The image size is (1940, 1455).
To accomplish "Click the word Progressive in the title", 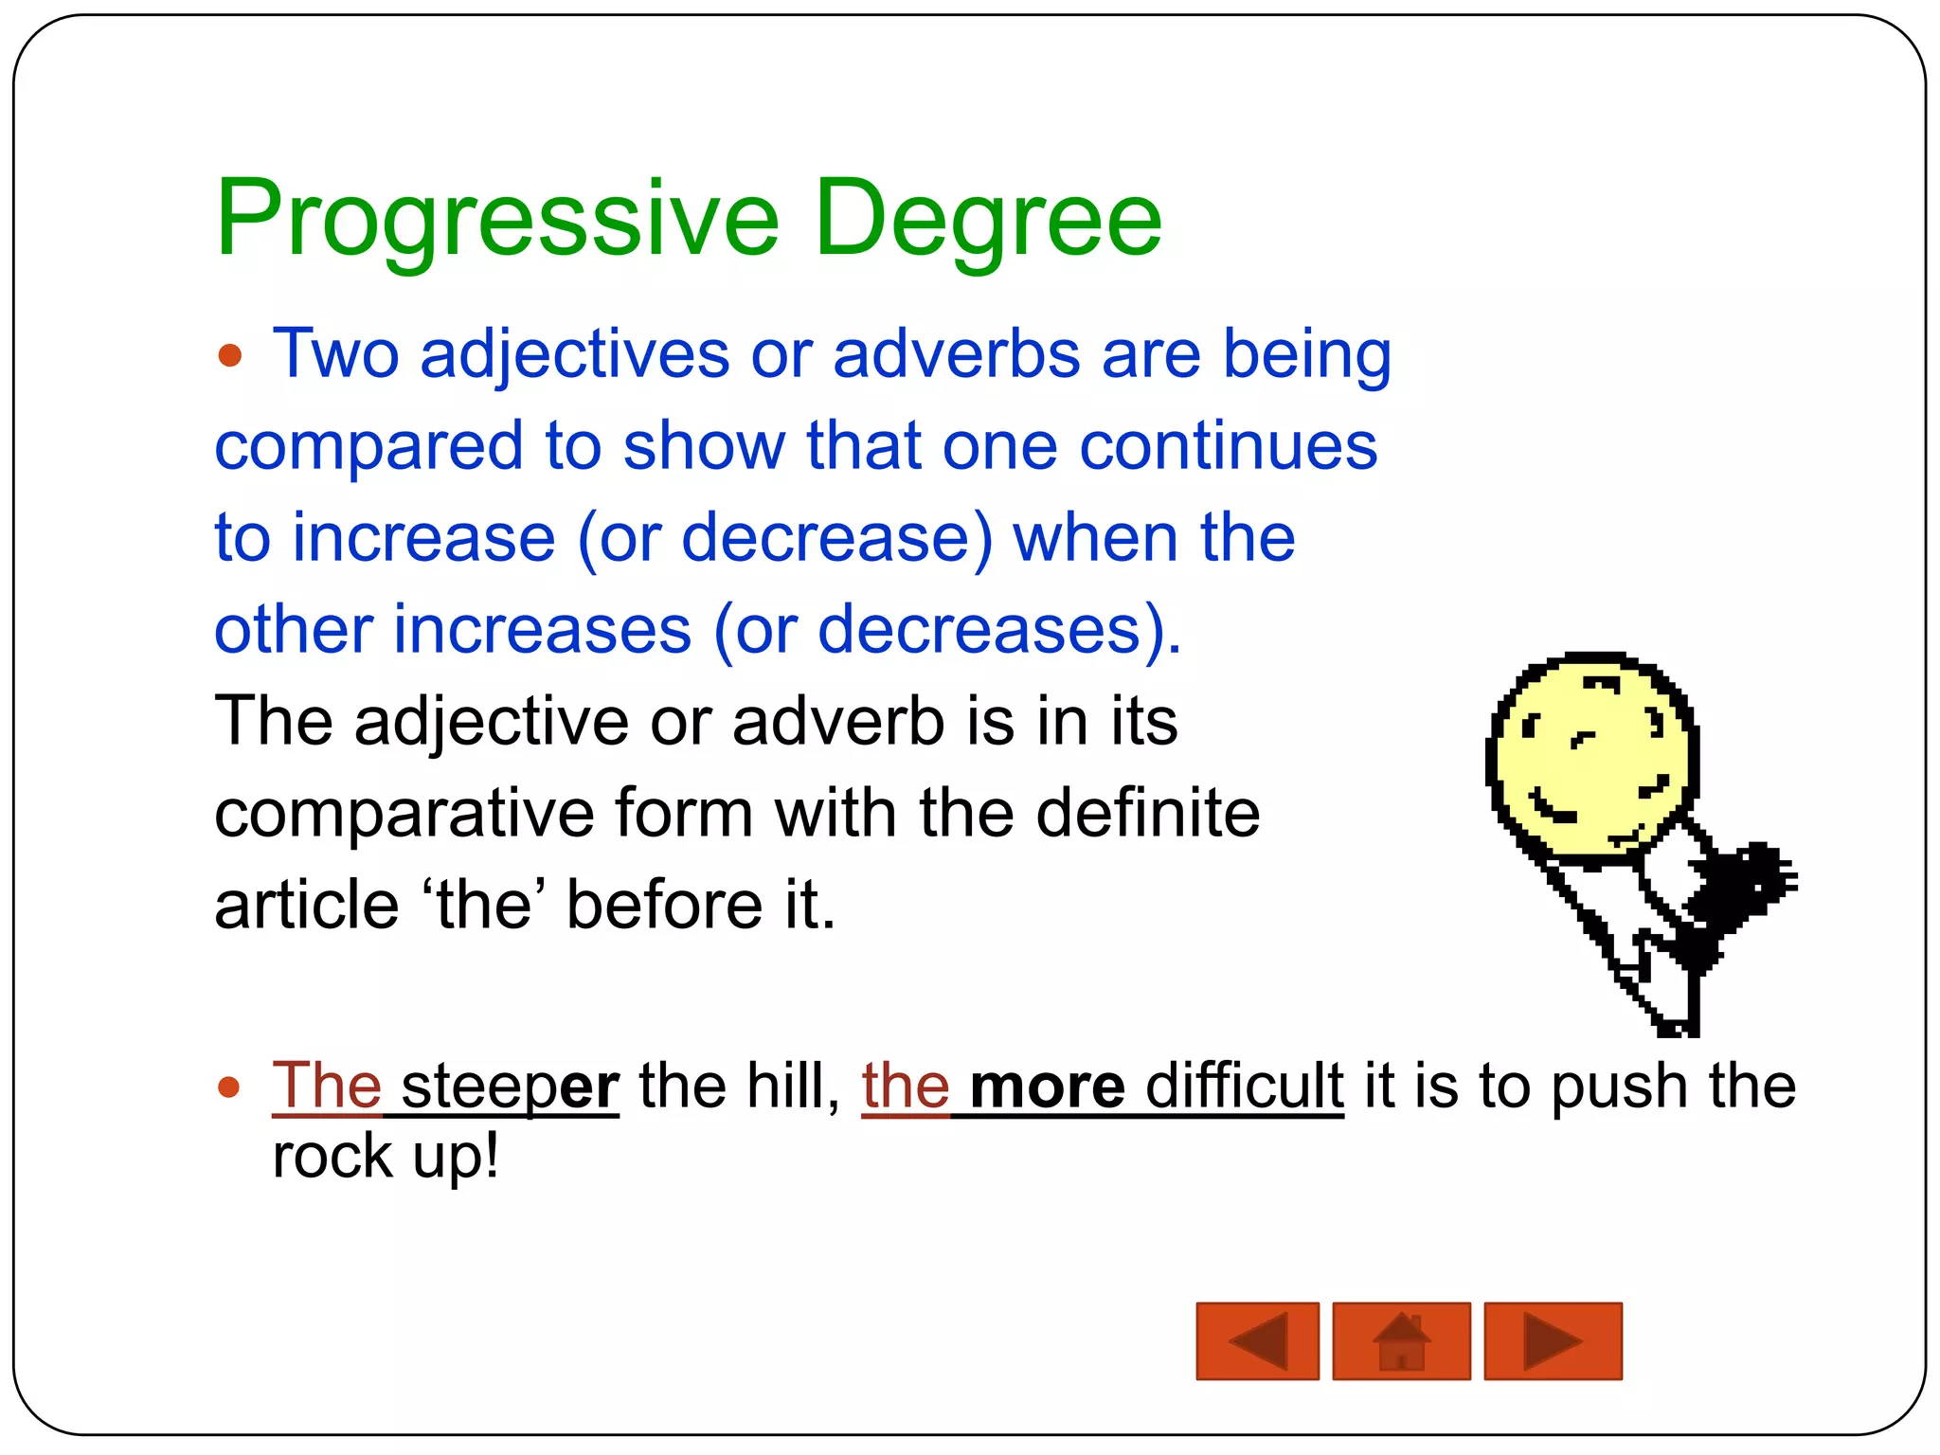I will click(x=497, y=220).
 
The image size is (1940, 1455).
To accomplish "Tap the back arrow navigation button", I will click(x=1257, y=1340).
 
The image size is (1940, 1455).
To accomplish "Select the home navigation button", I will click(x=1401, y=1340).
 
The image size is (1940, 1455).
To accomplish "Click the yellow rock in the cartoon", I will click(x=1591, y=758).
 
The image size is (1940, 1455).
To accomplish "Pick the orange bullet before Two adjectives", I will click(x=229, y=356).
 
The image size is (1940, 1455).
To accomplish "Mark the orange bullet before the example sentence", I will click(x=228, y=1087).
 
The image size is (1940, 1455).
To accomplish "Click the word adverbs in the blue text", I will click(x=957, y=354).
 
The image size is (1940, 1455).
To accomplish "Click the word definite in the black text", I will click(x=1147, y=813).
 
